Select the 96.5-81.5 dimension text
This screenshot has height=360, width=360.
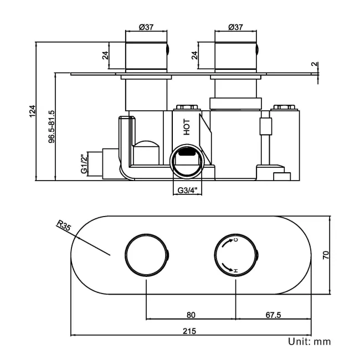50,127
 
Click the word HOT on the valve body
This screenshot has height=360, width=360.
187,127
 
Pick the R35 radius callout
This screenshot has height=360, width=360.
64,225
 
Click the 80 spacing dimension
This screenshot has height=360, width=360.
191,315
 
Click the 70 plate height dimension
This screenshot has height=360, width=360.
326,255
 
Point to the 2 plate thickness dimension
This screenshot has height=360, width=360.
313,64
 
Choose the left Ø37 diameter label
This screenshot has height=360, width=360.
147,27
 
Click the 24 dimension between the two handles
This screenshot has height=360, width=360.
194,55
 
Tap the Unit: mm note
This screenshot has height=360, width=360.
309,341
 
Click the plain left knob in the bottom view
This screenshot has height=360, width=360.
146,255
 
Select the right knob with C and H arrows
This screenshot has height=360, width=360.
236,255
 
